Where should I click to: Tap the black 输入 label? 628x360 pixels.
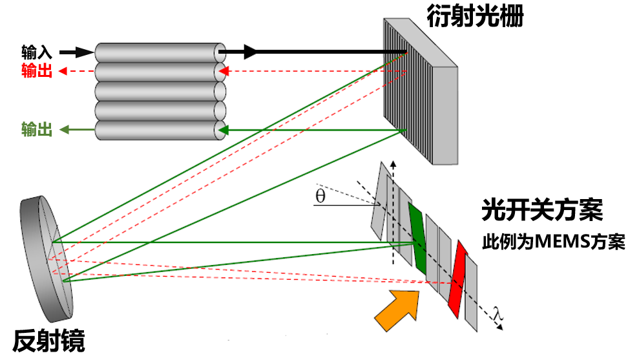coord(37,52)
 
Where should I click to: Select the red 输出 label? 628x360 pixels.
coord(37,71)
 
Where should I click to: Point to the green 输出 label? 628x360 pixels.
coord(37,130)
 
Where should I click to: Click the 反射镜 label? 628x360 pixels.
coord(49,341)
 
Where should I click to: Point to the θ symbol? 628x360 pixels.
coord(320,196)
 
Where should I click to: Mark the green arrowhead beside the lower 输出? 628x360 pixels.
coord(65,130)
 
